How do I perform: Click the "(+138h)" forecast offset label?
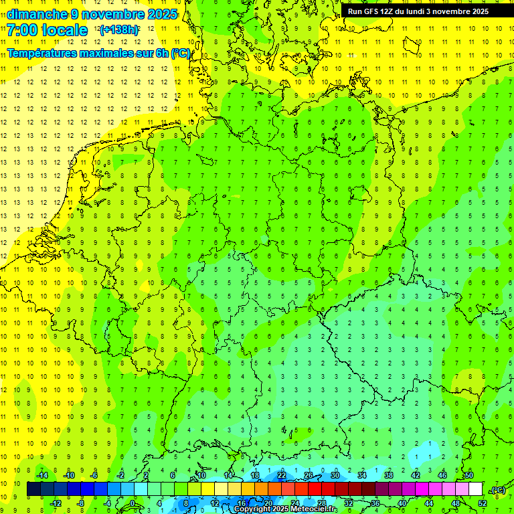(x=119, y=31)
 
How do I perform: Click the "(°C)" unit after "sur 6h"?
(x=181, y=53)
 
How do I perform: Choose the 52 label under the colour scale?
(x=482, y=503)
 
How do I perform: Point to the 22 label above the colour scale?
(x=282, y=475)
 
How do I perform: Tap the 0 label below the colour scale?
(x=133, y=503)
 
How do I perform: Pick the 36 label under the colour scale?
(x=375, y=503)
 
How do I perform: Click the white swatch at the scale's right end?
(x=475, y=489)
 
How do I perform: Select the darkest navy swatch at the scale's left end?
(x=33, y=489)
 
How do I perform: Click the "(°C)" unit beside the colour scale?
(x=498, y=490)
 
